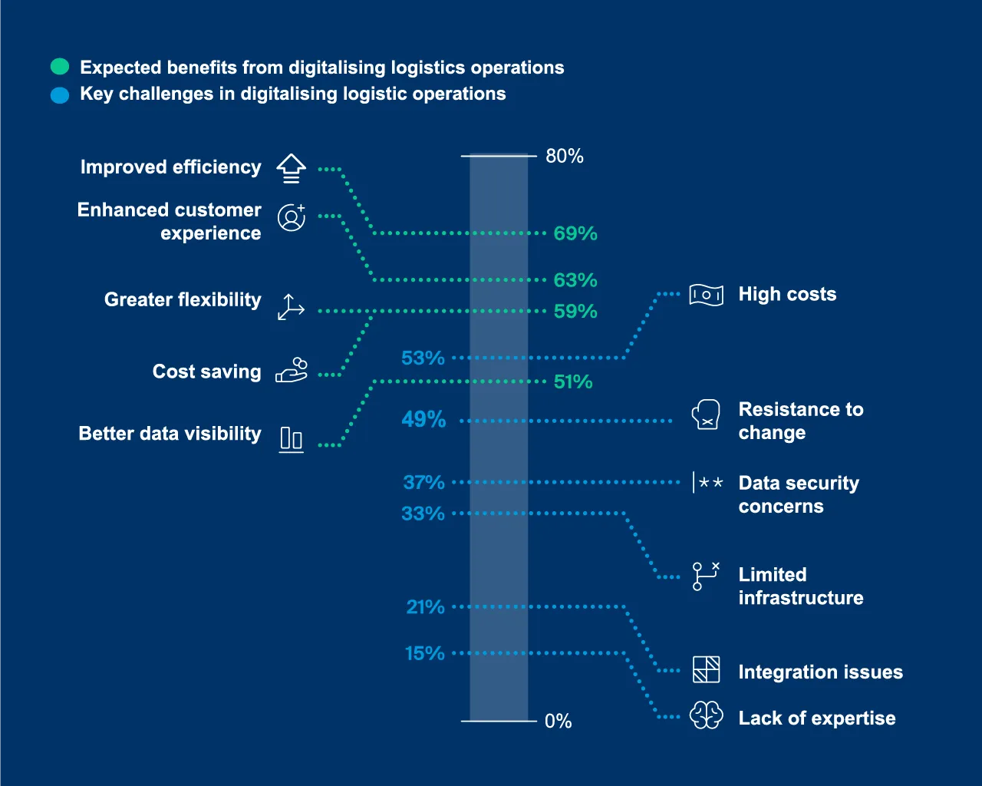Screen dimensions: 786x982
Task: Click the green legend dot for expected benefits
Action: click(60, 67)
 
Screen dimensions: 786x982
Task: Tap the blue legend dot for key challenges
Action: click(60, 95)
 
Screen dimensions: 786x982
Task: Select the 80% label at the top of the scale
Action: click(564, 157)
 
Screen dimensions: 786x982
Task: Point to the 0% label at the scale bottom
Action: click(558, 722)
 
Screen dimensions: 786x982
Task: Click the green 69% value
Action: click(575, 233)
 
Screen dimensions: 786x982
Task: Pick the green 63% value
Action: click(575, 280)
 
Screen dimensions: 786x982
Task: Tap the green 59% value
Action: click(575, 312)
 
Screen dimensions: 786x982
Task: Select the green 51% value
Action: click(573, 382)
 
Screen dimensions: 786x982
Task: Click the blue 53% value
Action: click(423, 358)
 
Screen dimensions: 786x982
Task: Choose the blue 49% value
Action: click(423, 420)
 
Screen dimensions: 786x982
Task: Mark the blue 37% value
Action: click(423, 483)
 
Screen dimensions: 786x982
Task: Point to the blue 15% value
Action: click(424, 654)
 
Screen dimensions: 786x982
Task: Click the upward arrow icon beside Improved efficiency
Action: click(291, 168)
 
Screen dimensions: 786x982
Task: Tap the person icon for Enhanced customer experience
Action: click(292, 218)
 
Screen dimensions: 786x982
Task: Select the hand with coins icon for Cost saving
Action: click(292, 370)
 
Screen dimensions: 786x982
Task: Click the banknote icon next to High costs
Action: click(706, 295)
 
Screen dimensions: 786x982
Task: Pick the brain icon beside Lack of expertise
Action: click(706, 715)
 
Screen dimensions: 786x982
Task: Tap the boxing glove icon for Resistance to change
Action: click(706, 414)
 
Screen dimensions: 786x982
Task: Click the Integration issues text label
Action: click(820, 672)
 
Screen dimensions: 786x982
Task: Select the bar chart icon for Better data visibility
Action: click(291, 439)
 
